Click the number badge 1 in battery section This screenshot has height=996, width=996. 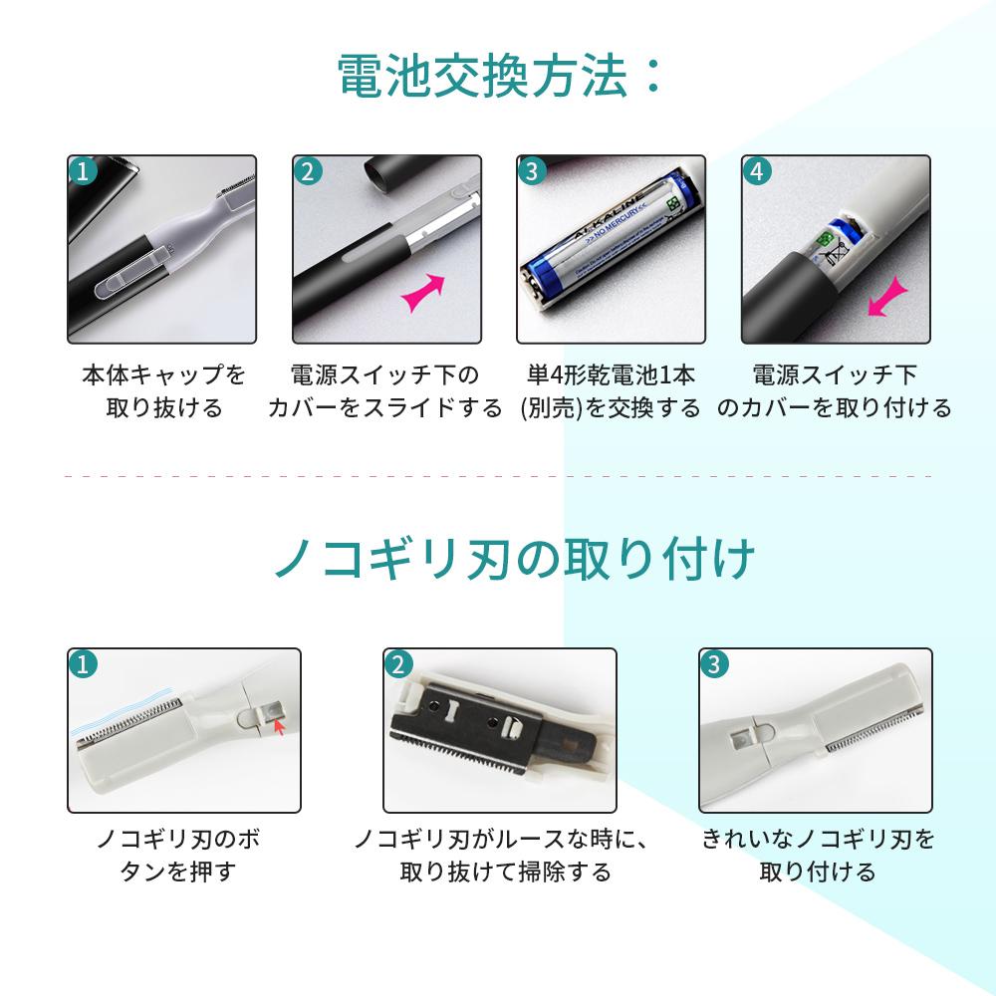[x=83, y=170]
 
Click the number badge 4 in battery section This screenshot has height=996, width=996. [x=758, y=170]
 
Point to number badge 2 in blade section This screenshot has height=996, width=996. [x=398, y=664]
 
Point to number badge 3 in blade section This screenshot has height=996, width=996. [x=714, y=664]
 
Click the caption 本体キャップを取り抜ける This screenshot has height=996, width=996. [x=163, y=391]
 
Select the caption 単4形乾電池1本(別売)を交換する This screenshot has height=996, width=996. [x=611, y=391]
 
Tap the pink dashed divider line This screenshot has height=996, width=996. [x=498, y=477]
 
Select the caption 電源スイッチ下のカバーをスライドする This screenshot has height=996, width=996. [x=384, y=391]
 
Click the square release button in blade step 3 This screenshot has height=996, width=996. [x=741, y=738]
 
